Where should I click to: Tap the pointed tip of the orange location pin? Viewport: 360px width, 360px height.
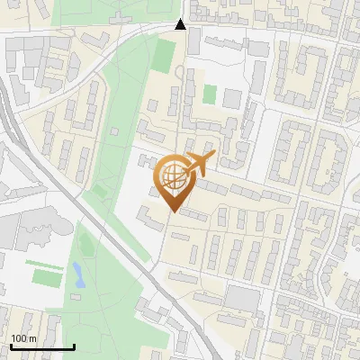172,212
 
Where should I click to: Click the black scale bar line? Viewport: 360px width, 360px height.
42,346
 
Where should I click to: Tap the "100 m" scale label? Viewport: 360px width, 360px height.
23,338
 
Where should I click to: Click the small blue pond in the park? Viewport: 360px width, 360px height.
78,274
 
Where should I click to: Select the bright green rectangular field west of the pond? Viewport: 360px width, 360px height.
46,275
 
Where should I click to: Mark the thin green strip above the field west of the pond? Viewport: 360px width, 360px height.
40,263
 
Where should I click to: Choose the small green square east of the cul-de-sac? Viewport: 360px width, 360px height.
210,94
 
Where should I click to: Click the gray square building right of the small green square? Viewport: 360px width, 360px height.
232,98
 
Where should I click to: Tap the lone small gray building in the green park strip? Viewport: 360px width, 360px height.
113,131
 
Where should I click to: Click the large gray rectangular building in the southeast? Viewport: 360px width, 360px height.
241,297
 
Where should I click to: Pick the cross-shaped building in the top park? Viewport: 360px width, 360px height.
119,15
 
